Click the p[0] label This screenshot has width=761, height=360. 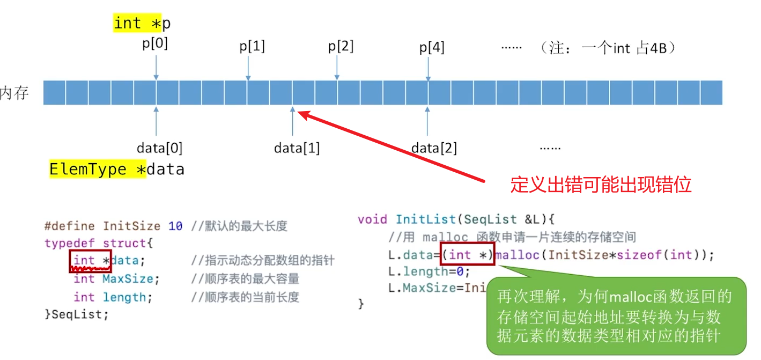[x=155, y=44]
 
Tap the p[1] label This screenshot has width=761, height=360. [x=252, y=47]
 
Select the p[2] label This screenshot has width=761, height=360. [x=341, y=47]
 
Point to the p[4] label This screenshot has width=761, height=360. [x=432, y=48]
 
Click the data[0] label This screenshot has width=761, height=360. [x=159, y=148]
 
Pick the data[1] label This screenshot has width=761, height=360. [x=297, y=148]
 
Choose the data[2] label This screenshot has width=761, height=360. [x=434, y=148]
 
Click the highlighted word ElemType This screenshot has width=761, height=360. [x=88, y=170]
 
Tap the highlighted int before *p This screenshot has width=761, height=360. [x=128, y=24]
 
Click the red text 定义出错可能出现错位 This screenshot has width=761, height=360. [x=601, y=185]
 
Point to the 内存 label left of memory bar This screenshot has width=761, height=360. [x=14, y=93]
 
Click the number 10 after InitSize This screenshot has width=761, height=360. [x=175, y=226]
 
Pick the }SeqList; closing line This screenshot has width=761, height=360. [x=77, y=314]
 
